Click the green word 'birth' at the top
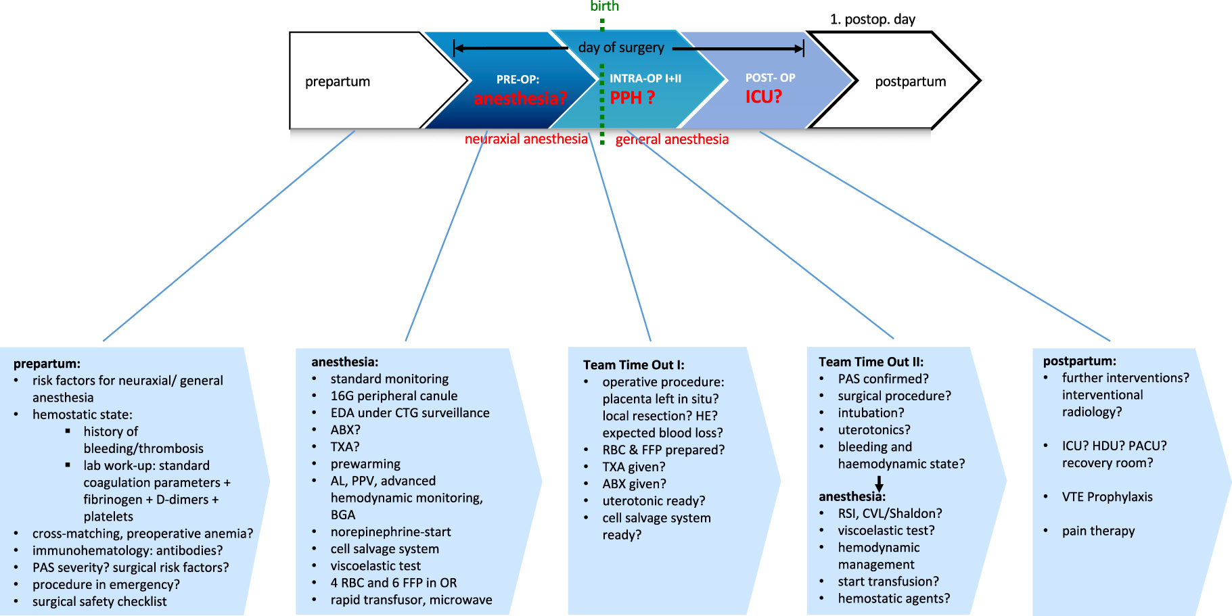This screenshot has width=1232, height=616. coord(604,6)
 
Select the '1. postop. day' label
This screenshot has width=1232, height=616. coord(872,19)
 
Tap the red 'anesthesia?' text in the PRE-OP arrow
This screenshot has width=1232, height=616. coord(520,98)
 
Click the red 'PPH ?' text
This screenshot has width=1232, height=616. coord(632,97)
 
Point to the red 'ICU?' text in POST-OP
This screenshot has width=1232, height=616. coord(763,97)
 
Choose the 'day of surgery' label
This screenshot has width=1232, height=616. coord(621,47)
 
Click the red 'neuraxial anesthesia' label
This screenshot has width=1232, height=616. coord(526,139)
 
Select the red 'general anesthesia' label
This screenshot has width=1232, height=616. coord(672,139)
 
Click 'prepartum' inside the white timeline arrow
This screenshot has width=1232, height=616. coord(338,81)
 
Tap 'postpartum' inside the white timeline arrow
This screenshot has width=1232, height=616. coord(910,81)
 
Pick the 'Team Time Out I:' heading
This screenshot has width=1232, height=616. coord(633,365)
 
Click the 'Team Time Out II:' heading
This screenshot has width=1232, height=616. coord(871,362)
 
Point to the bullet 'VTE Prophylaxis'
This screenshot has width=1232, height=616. coord(1107,497)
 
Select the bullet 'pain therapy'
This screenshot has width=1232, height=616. coord(1098,531)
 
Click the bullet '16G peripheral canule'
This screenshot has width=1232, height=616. coord(394,396)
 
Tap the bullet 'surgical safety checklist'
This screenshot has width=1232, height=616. coord(99,601)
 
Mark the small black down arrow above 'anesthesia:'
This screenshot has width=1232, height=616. coord(879,483)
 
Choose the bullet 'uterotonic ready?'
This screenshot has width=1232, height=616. coord(654,500)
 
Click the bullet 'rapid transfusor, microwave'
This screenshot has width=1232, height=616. coord(411,600)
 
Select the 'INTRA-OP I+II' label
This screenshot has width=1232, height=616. coord(645,78)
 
